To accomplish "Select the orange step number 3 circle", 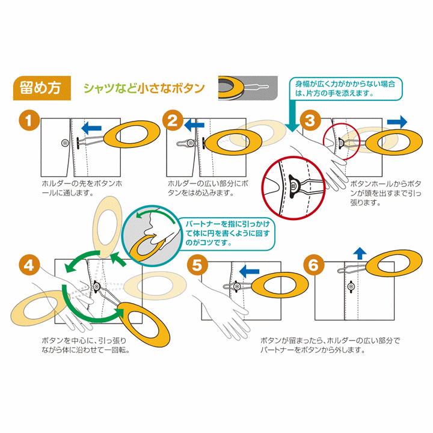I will point(310,120).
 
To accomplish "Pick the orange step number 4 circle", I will point(28,263).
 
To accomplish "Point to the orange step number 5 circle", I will point(197,263).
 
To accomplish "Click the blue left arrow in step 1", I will point(92,127).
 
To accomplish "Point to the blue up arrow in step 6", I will point(359,253).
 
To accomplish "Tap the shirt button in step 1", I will point(65,143).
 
